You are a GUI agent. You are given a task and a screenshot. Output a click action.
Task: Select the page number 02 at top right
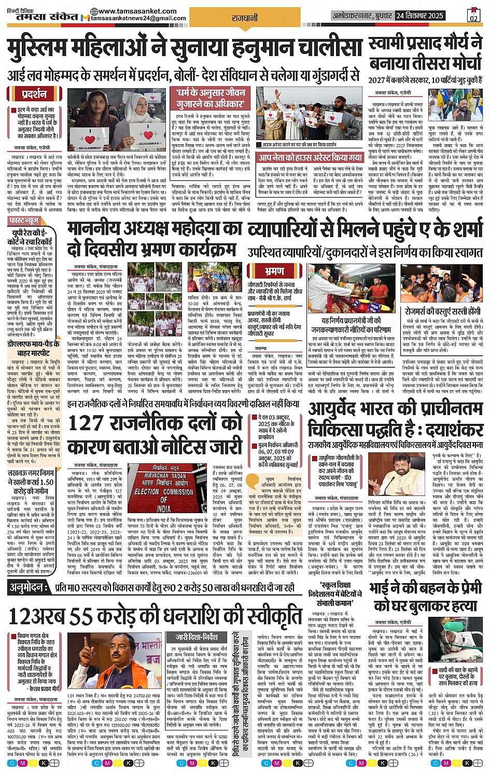(473, 16)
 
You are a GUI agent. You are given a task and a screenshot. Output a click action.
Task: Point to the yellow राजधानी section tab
(244, 18)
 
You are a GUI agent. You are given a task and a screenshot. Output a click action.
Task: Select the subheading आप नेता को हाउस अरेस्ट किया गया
(311, 157)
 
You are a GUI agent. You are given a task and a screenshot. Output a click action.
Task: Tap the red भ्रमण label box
(274, 271)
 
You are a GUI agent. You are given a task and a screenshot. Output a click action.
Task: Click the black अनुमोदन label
(30, 587)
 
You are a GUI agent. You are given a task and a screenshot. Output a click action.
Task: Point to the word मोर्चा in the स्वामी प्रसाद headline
(456, 63)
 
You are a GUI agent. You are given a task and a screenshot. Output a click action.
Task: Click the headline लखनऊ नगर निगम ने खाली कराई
(32, 481)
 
